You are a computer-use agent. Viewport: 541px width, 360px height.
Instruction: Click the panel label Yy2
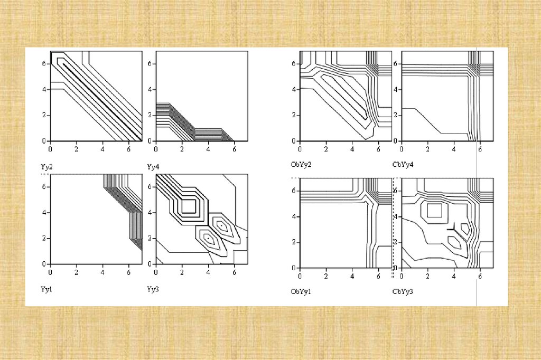(x=46, y=167)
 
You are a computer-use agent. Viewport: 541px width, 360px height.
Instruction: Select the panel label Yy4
(x=153, y=167)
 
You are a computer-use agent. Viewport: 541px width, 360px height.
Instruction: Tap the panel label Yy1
(x=46, y=289)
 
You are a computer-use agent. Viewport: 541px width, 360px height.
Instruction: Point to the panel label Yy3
(x=153, y=289)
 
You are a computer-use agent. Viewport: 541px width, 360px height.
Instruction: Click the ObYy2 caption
(x=301, y=165)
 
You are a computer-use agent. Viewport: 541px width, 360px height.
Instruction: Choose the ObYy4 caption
(x=403, y=165)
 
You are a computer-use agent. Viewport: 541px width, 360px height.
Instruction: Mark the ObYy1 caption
(x=301, y=292)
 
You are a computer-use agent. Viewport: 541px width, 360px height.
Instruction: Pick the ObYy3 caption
(x=403, y=292)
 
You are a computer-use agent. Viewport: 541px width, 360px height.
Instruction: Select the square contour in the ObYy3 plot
(x=434, y=204)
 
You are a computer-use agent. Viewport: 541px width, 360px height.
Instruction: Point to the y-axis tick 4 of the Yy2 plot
(x=44, y=89)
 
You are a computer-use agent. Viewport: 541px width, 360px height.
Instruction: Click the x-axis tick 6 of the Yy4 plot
(x=234, y=149)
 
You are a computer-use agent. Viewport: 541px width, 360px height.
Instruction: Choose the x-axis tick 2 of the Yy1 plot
(x=76, y=272)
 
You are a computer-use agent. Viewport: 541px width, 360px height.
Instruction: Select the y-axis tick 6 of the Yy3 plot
(x=150, y=186)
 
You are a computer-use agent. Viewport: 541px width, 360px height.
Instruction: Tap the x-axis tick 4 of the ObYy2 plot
(x=352, y=149)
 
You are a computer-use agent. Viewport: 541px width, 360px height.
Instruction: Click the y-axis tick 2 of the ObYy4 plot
(x=395, y=115)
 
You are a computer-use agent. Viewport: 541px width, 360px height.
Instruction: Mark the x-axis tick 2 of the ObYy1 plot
(x=325, y=276)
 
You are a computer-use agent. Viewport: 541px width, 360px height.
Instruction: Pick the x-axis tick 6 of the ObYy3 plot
(x=480, y=276)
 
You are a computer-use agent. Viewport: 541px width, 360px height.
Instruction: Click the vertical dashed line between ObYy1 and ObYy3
(x=393, y=228)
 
